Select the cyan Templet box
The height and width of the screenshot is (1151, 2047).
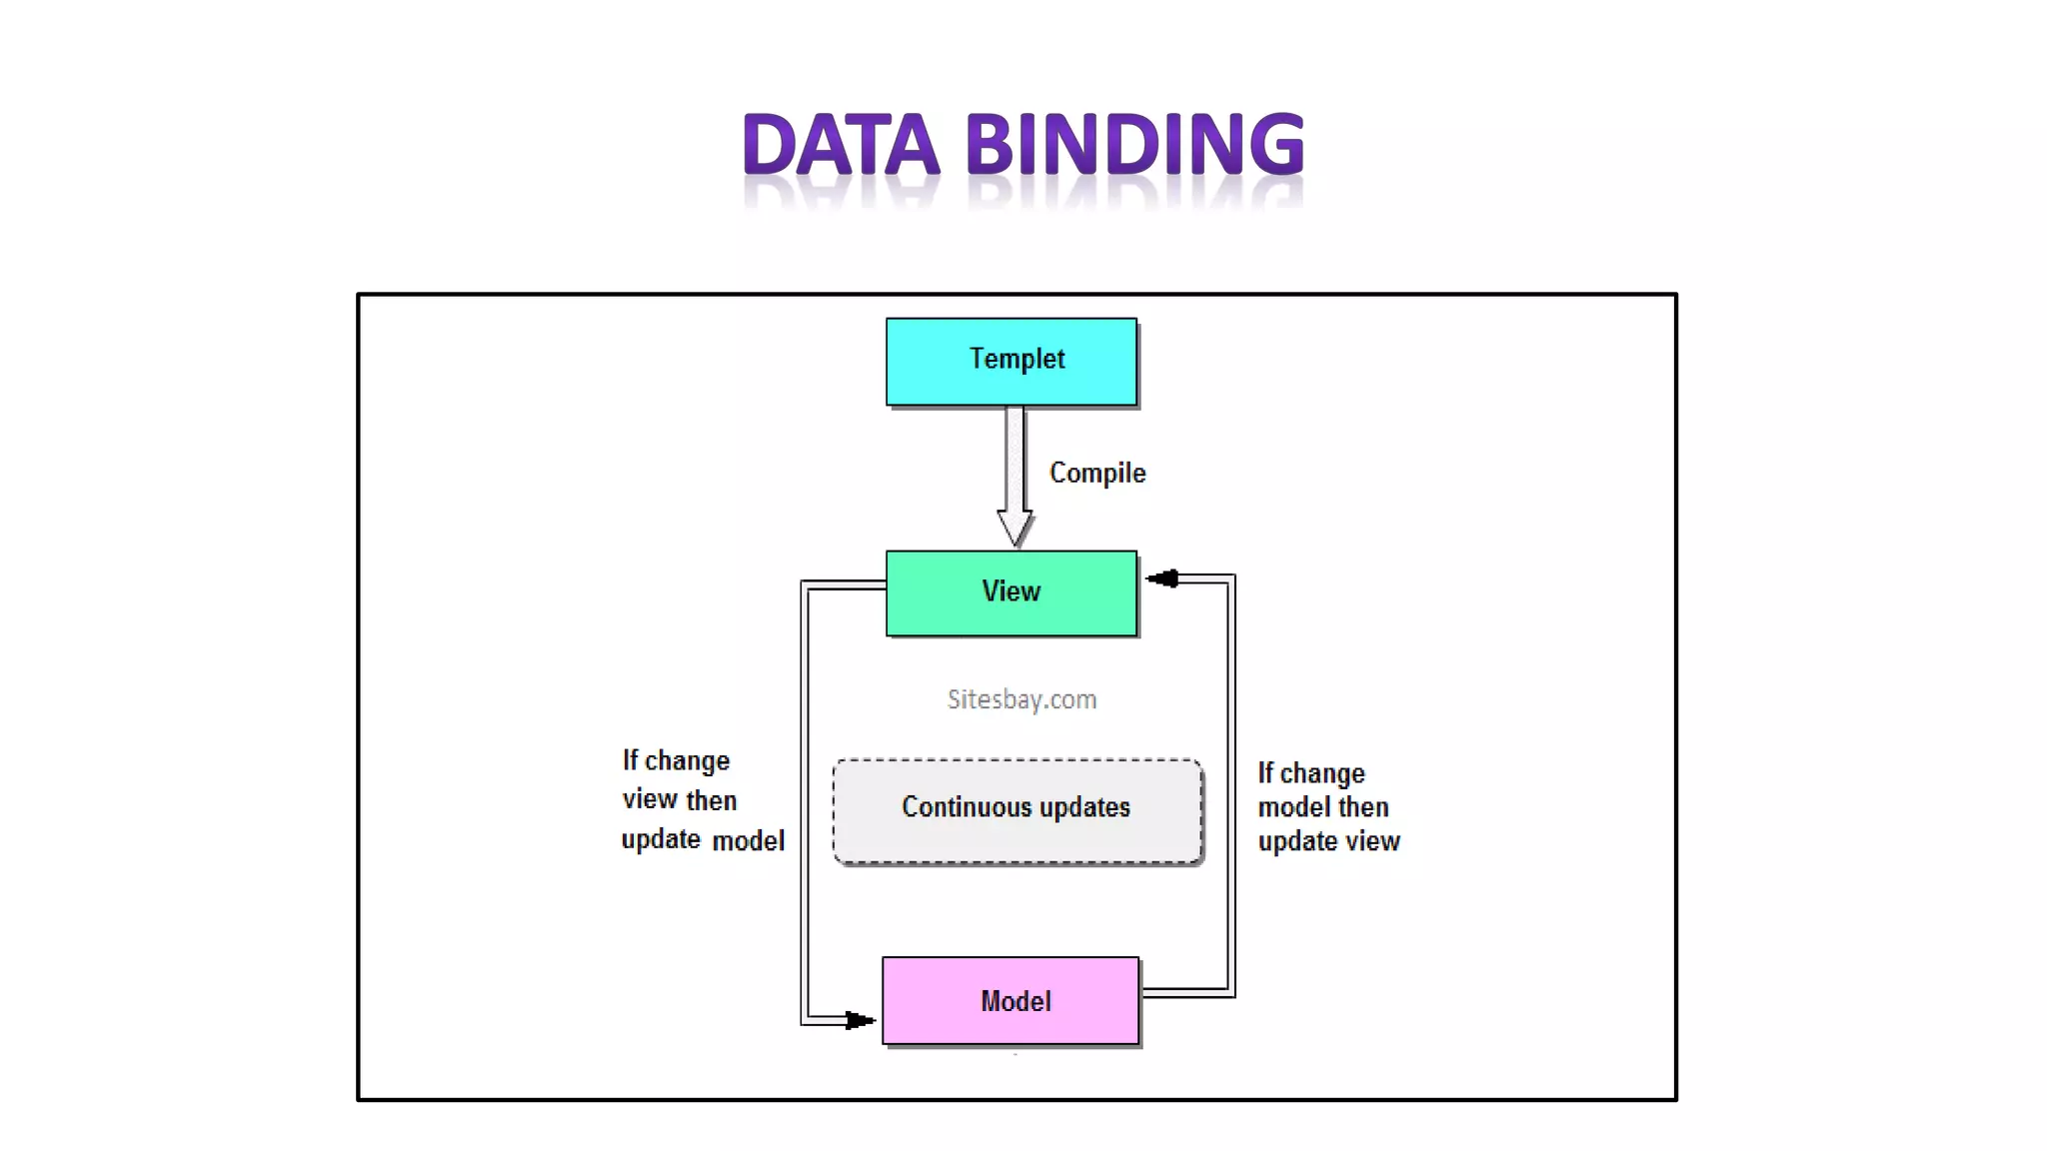click(x=1011, y=362)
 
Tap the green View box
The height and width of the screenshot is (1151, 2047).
click(x=1011, y=593)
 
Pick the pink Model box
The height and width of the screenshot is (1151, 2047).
click(x=1011, y=1001)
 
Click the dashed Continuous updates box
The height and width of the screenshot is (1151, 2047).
click(x=1017, y=811)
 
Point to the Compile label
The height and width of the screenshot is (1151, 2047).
click(x=1096, y=473)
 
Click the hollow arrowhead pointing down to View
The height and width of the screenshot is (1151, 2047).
click(x=1015, y=528)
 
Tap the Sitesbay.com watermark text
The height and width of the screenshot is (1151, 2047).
click(x=1022, y=699)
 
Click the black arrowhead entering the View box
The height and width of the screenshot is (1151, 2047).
click(x=1162, y=578)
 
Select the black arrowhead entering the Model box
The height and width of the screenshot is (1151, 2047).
click(x=859, y=1020)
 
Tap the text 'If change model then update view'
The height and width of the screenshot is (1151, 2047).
click(x=1327, y=807)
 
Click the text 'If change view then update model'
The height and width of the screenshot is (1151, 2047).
click(x=702, y=800)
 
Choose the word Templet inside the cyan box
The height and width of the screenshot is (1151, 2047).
click(x=1017, y=359)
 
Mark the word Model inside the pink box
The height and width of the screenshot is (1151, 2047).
click(x=1016, y=1001)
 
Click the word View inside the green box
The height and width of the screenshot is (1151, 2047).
click(x=1011, y=591)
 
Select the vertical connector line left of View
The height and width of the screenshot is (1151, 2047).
click(x=805, y=799)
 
